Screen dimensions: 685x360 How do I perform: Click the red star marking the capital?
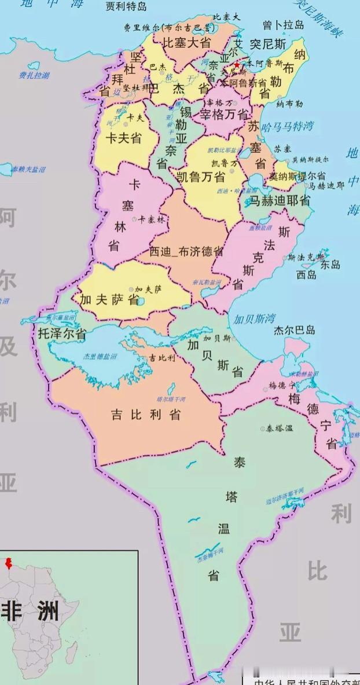236,65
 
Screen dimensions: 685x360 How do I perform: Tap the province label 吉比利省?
146,415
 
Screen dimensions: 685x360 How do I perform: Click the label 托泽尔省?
62,334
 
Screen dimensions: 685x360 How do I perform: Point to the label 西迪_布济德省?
186,251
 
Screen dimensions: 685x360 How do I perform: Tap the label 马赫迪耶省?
279,201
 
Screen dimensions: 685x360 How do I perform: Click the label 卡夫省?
124,138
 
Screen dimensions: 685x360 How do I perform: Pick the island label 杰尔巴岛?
295,330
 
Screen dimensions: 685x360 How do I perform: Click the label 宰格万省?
225,114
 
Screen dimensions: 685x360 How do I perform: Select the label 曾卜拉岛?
283,25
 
